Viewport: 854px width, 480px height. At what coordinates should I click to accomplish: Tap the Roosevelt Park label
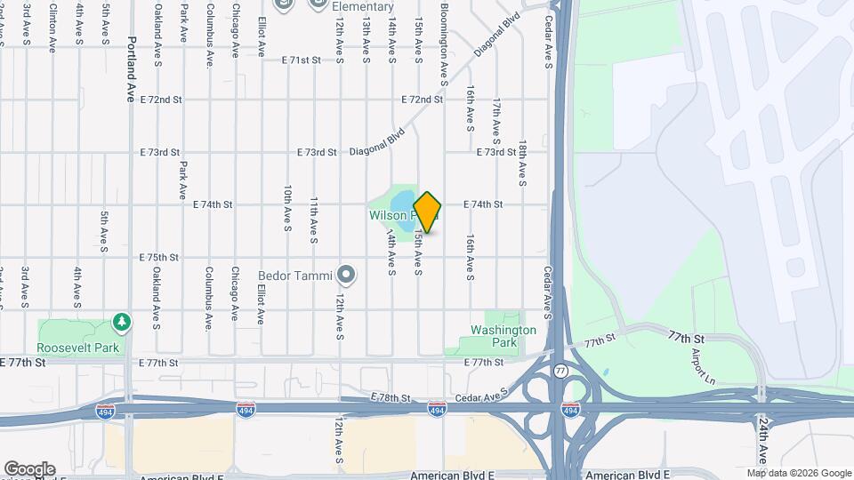pyautogui.click(x=78, y=348)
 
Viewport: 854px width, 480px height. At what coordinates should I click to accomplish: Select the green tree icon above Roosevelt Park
pyautogui.click(x=122, y=322)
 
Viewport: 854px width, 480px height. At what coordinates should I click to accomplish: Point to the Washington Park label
pyautogui.click(x=503, y=336)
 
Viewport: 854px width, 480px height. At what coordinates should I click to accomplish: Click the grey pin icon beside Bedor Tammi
pyautogui.click(x=347, y=275)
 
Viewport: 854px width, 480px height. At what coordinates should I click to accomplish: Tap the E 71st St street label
pyautogui.click(x=301, y=60)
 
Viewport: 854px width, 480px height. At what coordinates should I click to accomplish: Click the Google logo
pyautogui.click(x=28, y=468)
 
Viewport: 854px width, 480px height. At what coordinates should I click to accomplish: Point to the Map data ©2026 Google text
pyautogui.click(x=798, y=473)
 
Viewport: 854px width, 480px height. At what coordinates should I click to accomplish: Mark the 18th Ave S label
pyautogui.click(x=523, y=163)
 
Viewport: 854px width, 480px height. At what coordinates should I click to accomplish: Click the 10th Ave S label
pyautogui.click(x=287, y=210)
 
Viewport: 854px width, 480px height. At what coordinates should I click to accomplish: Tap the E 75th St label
pyautogui.click(x=160, y=258)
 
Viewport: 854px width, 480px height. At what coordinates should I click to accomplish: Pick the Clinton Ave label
pyautogui.click(x=52, y=25)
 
